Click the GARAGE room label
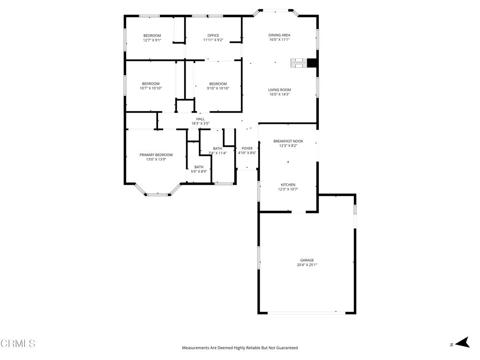click(x=307, y=260)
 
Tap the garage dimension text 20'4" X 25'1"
click(x=307, y=265)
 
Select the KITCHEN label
click(x=288, y=185)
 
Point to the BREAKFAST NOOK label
click(x=288, y=141)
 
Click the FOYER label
click(x=247, y=148)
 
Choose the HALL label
click(x=200, y=119)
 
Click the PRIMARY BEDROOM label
click(x=156, y=155)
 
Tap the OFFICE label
click(x=213, y=36)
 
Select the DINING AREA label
click(x=279, y=35)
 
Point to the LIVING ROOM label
click(x=279, y=90)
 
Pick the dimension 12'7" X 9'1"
click(x=152, y=40)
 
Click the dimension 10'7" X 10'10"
click(x=151, y=89)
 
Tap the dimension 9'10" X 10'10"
click(x=218, y=89)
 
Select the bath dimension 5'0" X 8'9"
click(x=199, y=172)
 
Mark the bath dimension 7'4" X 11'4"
click(x=217, y=153)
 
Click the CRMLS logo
click(x=18, y=344)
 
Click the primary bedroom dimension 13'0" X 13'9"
click(x=156, y=159)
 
